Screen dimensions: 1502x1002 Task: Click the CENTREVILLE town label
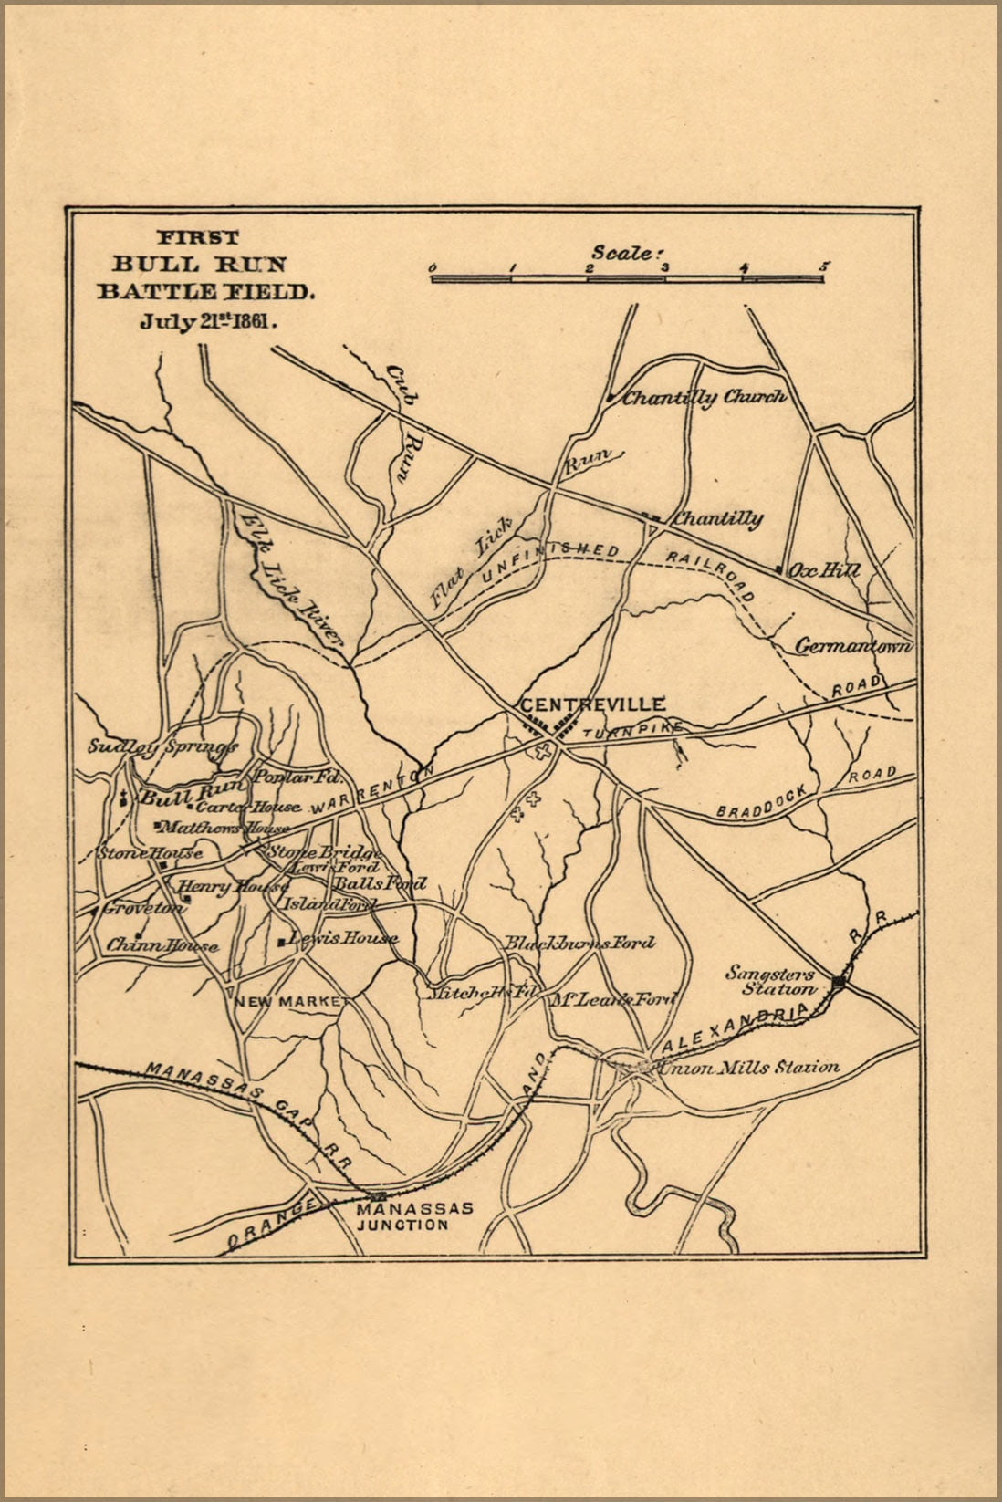(591, 704)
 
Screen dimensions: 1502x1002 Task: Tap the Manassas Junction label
(414, 1215)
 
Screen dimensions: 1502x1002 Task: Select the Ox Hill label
(824, 570)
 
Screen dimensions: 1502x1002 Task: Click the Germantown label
(853, 646)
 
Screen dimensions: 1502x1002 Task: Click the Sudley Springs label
(162, 746)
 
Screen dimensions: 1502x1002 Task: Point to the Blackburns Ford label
(580, 943)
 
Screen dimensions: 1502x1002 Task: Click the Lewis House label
(343, 938)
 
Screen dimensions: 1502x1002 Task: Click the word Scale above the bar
(623, 252)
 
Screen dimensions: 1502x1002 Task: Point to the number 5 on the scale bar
(824, 266)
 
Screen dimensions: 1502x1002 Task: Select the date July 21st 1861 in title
(208, 321)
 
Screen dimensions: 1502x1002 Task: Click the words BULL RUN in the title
(200, 265)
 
